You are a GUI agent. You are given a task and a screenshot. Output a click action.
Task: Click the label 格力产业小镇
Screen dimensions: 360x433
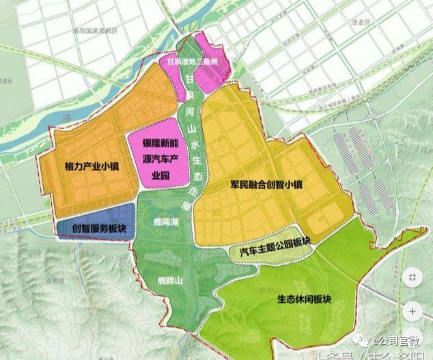pyautogui.click(x=91, y=166)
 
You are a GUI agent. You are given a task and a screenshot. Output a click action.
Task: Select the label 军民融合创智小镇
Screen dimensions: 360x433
pyautogui.click(x=267, y=184)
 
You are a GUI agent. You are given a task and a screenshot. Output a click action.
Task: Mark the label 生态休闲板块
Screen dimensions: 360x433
pyautogui.click(x=304, y=299)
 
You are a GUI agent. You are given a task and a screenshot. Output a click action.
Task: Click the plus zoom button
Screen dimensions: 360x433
pyautogui.click(x=412, y=311)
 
